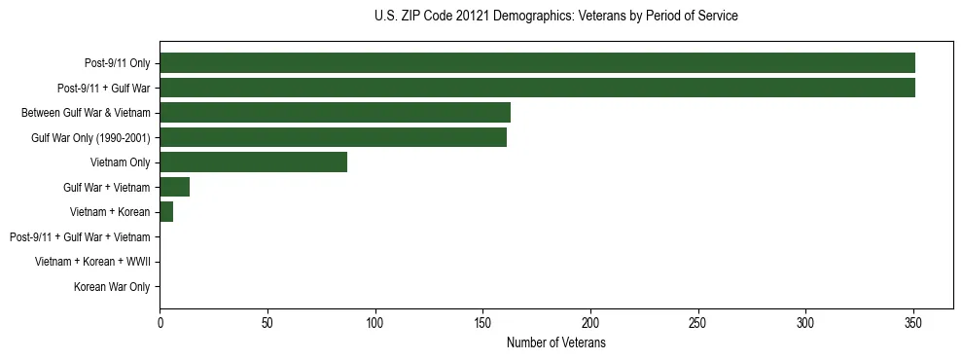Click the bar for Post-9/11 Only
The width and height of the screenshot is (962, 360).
[537, 63]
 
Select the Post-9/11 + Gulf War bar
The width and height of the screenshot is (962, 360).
[537, 88]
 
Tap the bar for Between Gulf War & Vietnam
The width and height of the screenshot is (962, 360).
[335, 113]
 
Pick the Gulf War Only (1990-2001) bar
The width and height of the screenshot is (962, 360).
[333, 137]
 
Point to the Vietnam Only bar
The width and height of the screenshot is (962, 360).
[253, 162]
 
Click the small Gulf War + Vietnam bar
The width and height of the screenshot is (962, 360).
[174, 187]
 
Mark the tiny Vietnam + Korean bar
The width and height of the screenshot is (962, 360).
[166, 212]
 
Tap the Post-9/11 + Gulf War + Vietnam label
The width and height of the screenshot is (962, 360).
[80, 236]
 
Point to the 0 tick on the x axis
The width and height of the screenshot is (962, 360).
[160, 322]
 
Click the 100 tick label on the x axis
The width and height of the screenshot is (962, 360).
[374, 322]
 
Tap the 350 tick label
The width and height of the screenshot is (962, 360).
[913, 322]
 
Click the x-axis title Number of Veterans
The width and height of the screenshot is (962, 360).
[556, 342]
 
